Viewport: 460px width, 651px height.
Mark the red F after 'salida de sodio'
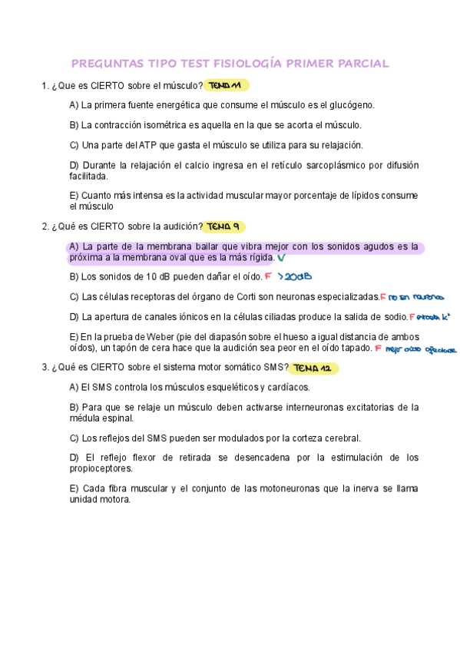412,316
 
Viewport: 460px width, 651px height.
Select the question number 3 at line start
45,368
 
